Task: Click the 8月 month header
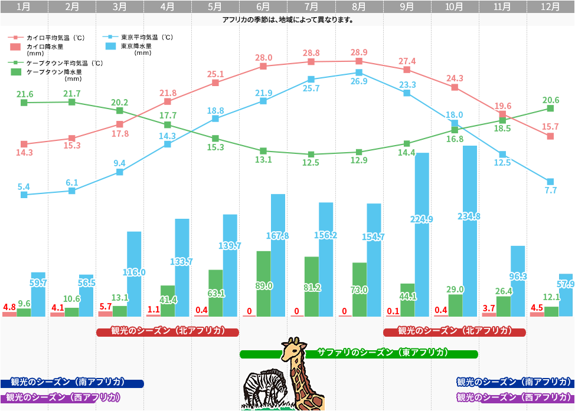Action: [359, 7]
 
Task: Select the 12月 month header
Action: [551, 7]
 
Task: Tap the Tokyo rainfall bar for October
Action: [469, 230]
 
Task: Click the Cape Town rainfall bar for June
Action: [263, 283]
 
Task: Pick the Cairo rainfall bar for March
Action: [105, 314]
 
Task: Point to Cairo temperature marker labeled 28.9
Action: [359, 61]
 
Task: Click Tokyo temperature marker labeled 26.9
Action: [359, 73]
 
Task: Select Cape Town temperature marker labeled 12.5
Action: [311, 154]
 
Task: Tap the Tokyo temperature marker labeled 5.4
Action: [24, 194]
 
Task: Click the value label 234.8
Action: [469, 216]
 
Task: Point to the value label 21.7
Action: [72, 93]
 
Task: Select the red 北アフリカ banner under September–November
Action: [455, 331]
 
